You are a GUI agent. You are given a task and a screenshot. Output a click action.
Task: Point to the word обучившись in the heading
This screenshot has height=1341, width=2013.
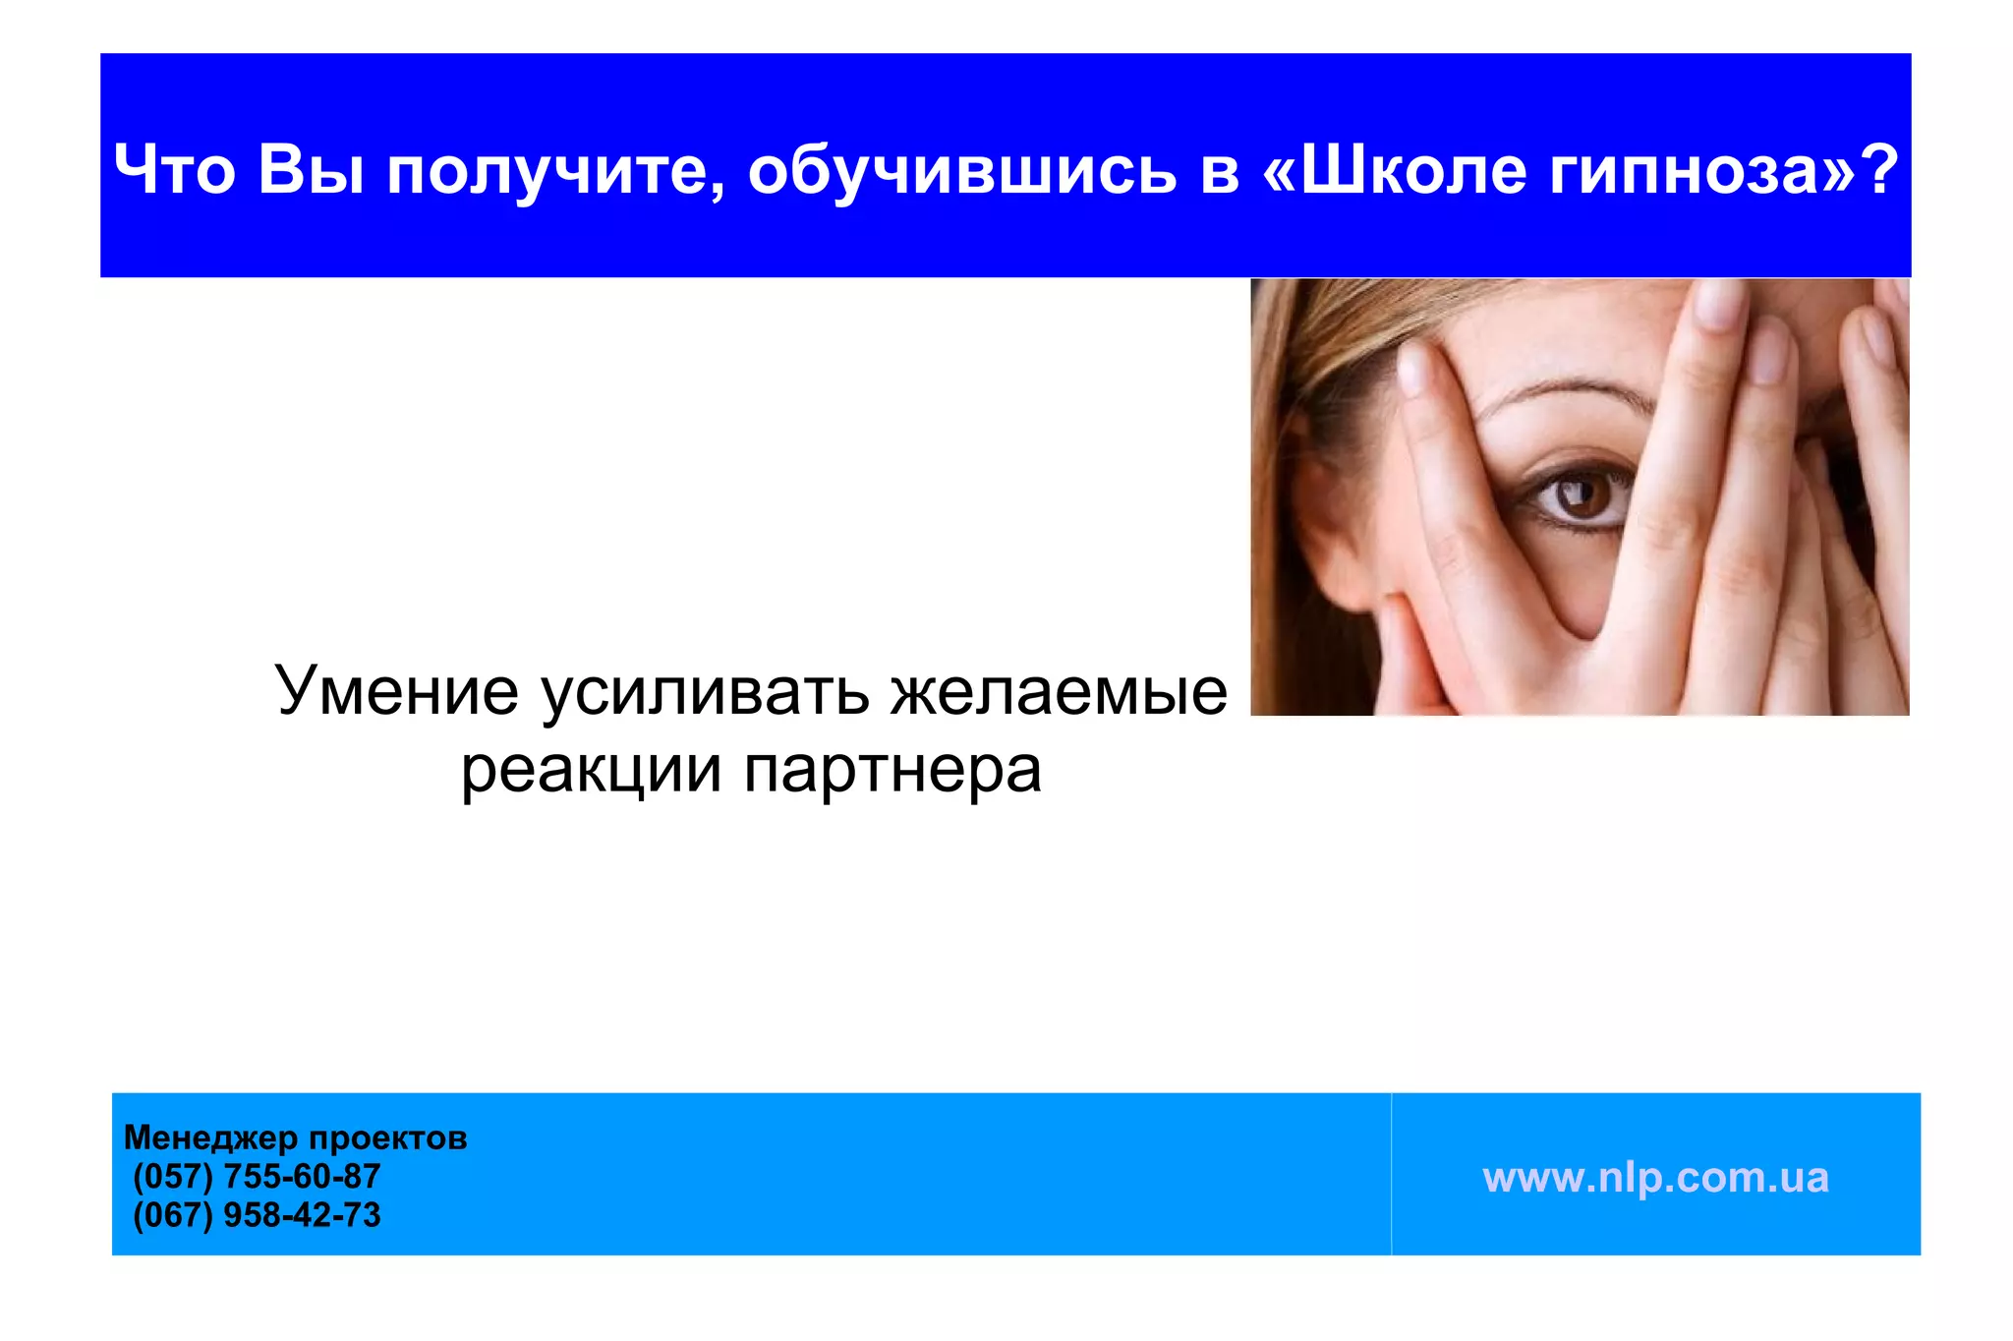(961, 169)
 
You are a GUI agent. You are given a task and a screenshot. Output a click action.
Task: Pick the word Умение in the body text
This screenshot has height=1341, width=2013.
(396, 690)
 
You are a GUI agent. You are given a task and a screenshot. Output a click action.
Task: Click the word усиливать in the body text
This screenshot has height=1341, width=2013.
(705, 690)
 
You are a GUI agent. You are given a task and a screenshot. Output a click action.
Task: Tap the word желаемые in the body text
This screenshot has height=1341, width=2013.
(1059, 690)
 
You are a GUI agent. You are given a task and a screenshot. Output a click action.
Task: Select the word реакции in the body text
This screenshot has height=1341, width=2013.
(591, 769)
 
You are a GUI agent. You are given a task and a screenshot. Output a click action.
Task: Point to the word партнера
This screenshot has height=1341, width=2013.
(892, 771)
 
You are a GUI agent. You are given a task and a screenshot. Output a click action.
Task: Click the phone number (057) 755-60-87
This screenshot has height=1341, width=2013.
(257, 1176)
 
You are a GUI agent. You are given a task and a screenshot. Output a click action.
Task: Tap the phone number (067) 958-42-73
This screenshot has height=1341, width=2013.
(257, 1215)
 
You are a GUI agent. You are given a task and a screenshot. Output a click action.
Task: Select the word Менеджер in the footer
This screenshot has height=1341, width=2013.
(210, 1137)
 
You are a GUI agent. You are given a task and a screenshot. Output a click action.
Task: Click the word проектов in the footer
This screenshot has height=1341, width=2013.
(388, 1138)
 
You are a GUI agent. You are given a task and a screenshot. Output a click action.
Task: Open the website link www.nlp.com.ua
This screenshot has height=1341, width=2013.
(1655, 1178)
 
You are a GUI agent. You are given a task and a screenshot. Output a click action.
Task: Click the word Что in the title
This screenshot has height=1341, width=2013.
(174, 169)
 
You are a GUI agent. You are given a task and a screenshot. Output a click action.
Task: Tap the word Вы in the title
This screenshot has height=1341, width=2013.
(311, 169)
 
